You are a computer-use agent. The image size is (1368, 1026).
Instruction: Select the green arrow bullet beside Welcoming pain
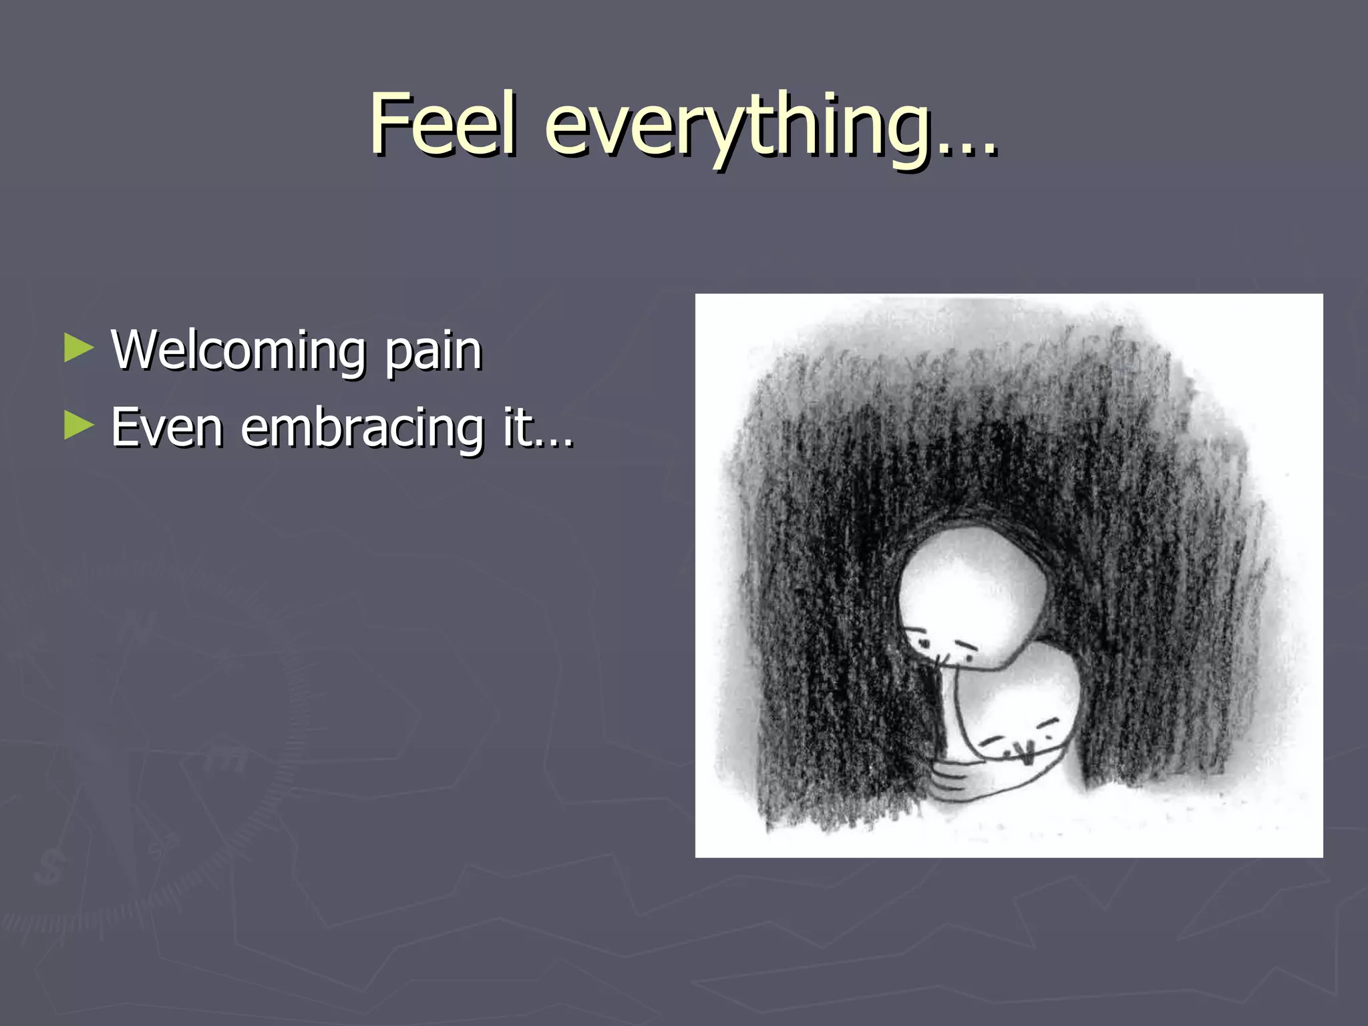point(79,348)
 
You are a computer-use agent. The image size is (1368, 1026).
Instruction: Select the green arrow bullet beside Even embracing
point(79,425)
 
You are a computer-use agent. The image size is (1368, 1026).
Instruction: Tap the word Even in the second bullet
point(166,427)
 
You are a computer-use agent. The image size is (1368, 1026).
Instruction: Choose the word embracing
point(362,428)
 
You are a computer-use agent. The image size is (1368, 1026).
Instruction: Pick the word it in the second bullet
point(518,427)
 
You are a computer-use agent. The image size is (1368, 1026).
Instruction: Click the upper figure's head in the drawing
point(972,594)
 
